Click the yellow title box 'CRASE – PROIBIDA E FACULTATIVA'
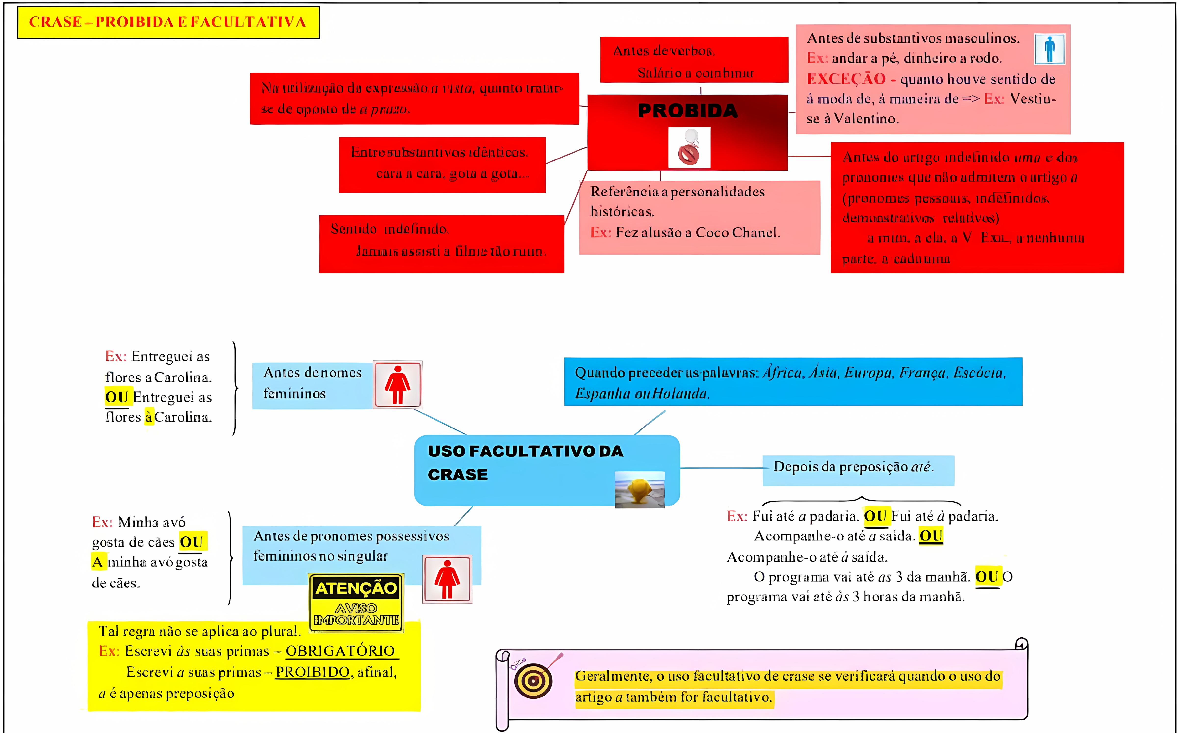(x=168, y=22)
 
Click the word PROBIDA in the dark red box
(x=688, y=110)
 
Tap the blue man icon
(x=1049, y=49)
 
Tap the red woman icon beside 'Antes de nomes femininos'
(x=397, y=385)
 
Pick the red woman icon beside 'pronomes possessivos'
(x=447, y=579)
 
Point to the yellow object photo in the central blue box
(x=640, y=490)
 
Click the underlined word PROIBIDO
(x=312, y=672)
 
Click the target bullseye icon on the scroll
(x=533, y=681)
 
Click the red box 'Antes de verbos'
(x=694, y=60)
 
